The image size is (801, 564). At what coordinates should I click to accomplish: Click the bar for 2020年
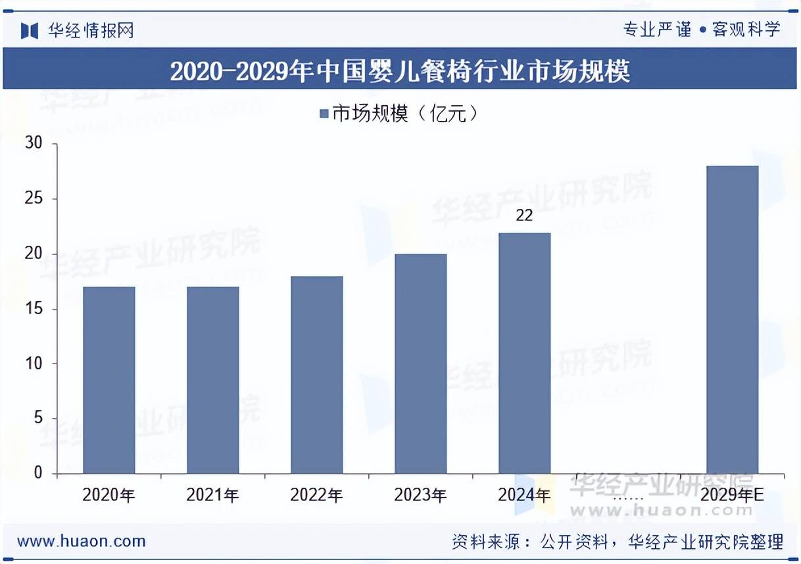[109, 380]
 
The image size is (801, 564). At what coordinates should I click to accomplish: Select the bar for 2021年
[212, 380]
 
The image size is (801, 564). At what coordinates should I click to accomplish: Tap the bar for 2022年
[316, 375]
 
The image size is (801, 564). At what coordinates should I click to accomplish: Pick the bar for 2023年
[420, 364]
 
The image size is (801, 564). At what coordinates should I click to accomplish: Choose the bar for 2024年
[524, 353]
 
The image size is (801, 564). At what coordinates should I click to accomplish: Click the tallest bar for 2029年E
[732, 319]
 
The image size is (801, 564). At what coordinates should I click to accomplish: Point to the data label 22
[524, 216]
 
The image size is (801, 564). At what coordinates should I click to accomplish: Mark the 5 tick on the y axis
[38, 418]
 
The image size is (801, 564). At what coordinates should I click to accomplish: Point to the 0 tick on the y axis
[38, 473]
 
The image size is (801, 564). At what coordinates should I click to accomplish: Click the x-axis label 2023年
[420, 495]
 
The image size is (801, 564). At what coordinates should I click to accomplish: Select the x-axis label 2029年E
[732, 495]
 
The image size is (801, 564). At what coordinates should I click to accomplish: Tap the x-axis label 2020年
[109, 495]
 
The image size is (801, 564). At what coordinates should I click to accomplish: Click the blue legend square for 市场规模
[323, 114]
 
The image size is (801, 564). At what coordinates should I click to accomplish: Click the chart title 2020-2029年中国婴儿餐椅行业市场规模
[400, 71]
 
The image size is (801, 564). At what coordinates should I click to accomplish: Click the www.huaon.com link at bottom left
[82, 542]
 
